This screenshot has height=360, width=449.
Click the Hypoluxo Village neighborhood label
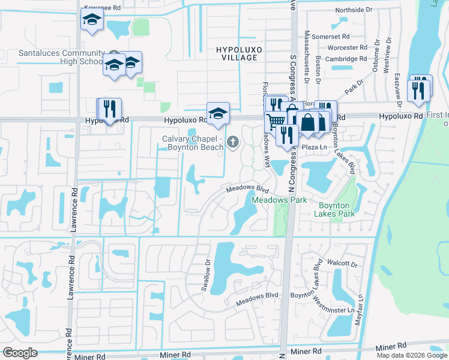[x=234, y=52]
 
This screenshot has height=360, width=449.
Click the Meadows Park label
[x=279, y=200]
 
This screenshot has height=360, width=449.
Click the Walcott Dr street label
[x=342, y=263]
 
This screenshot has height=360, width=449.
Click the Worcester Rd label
[x=346, y=47]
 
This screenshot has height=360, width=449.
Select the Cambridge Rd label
[x=345, y=59]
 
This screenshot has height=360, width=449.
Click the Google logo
[x=20, y=352]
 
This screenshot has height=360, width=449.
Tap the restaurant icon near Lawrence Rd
[x=109, y=109]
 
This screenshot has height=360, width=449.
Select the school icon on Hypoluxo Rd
[x=218, y=113]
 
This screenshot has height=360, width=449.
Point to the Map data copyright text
[x=412, y=355]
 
